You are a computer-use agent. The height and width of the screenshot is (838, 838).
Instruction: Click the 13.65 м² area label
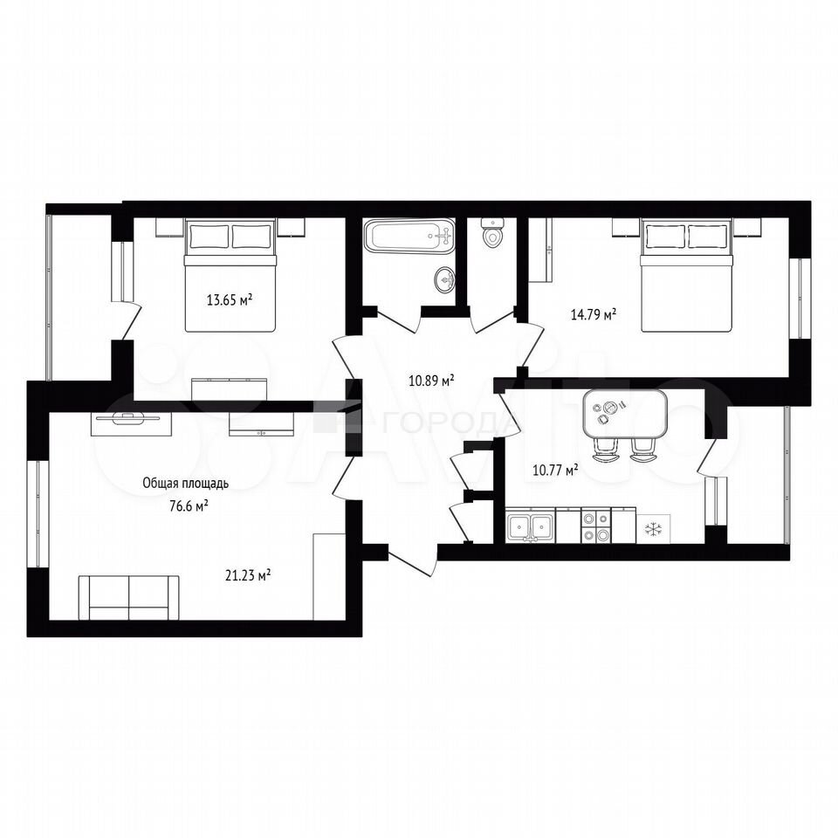click(x=230, y=299)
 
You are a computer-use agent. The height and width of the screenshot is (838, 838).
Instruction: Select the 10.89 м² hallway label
click(x=431, y=381)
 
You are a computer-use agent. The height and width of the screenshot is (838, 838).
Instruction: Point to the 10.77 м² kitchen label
click(x=556, y=470)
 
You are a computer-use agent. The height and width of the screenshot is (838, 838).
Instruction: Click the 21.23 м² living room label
click(x=247, y=575)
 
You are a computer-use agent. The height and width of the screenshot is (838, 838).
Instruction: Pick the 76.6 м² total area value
click(x=189, y=505)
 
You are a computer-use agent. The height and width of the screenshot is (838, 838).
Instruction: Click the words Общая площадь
click(x=185, y=483)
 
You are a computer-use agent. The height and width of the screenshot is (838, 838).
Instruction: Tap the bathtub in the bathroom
click(x=409, y=237)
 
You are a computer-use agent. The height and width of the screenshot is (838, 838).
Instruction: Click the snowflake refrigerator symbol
click(x=654, y=529)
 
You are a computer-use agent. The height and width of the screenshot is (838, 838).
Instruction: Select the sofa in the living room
click(x=129, y=597)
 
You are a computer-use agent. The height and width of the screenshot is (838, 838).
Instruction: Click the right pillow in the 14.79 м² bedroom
click(x=707, y=237)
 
